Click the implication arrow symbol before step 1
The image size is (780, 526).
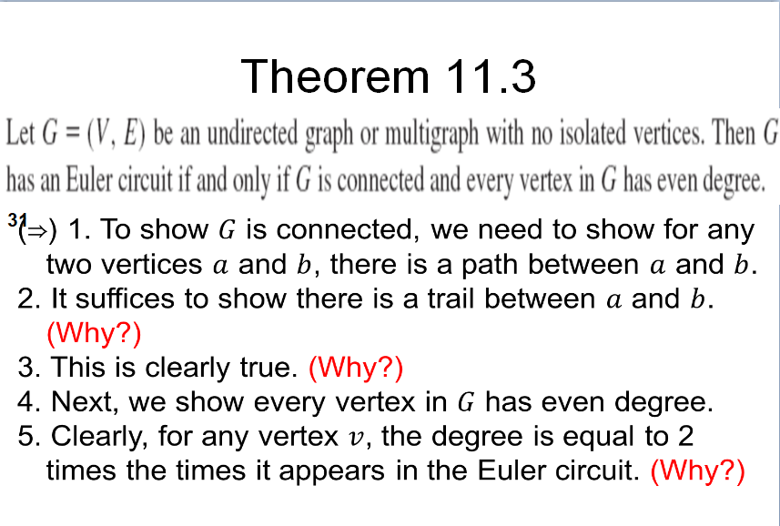[x=38, y=230]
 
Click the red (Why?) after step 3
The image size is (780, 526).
[x=356, y=368]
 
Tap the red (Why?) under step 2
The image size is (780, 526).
[x=94, y=333]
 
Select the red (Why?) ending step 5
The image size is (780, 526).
[x=698, y=470]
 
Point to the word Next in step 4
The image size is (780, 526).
[x=83, y=401]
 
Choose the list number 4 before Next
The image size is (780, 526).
[x=26, y=401]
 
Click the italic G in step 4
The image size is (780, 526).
[x=465, y=401]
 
